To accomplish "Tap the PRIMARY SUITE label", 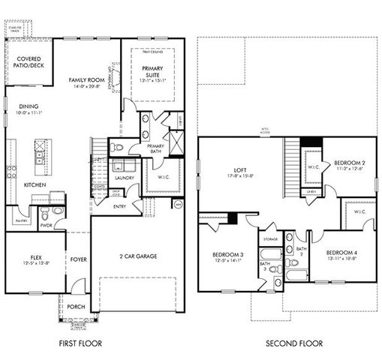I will (152, 72).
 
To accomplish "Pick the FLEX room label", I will (31, 256).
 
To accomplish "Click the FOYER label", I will (79, 261).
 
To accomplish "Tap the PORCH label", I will (76, 306).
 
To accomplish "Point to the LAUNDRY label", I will (124, 178).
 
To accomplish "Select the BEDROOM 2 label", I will (350, 163).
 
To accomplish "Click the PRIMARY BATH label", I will (155, 148).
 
